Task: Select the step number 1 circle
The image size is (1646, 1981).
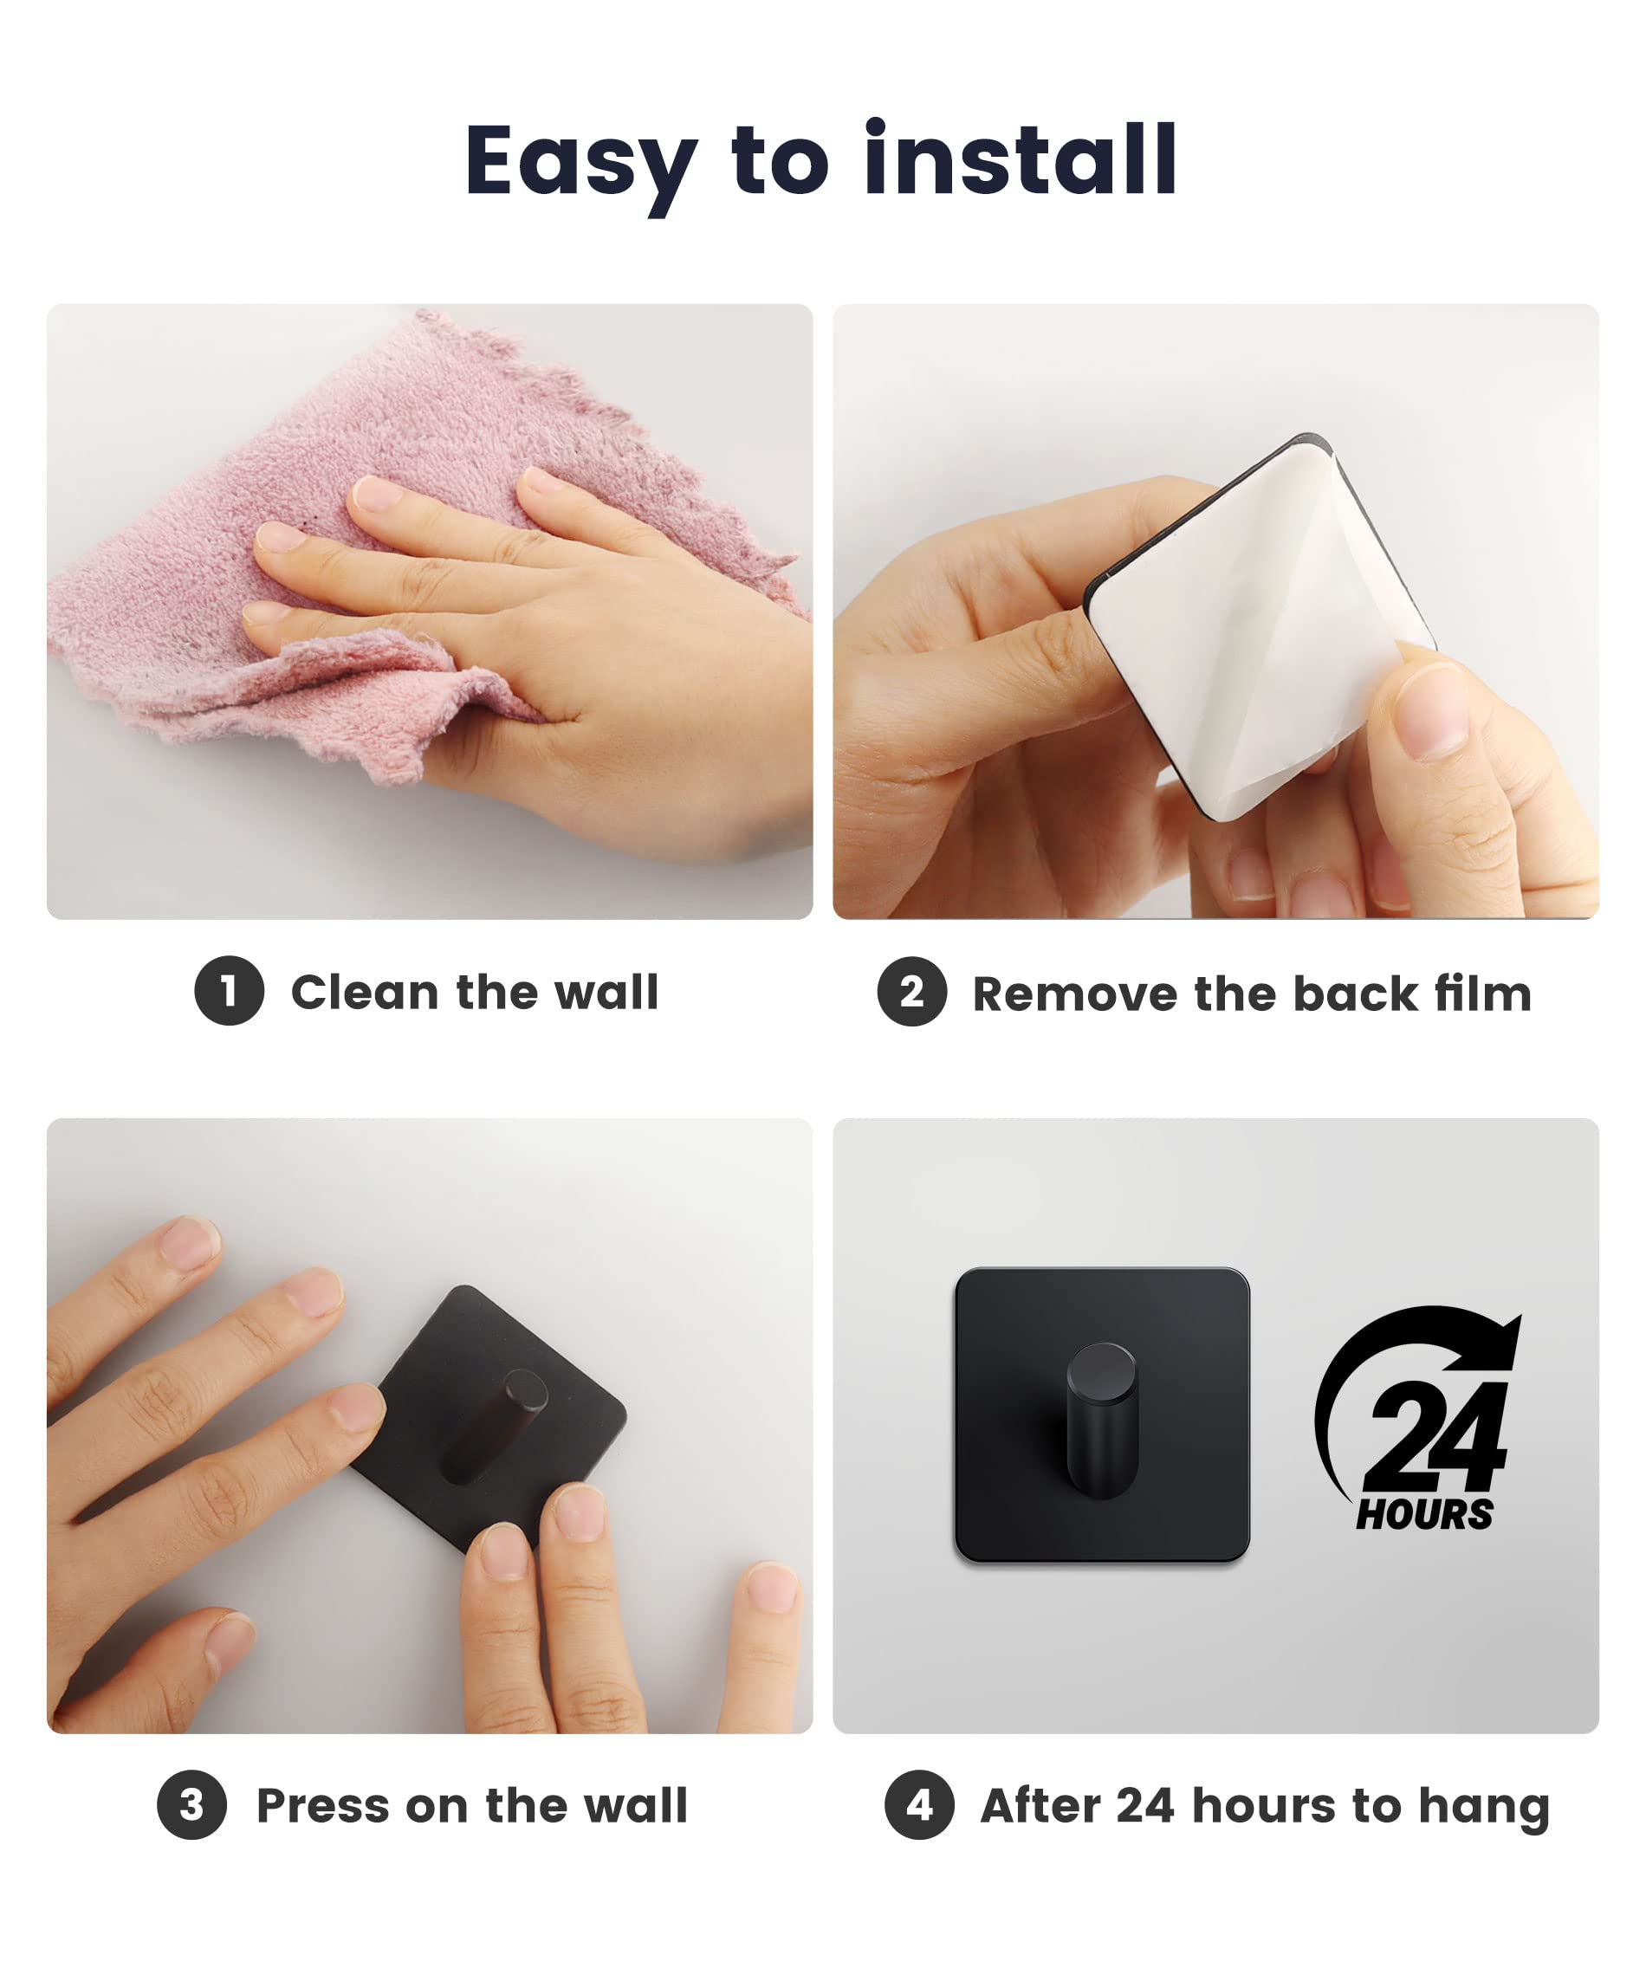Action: (230, 991)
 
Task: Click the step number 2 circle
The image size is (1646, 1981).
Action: (912, 992)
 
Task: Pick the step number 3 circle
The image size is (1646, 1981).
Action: (191, 1804)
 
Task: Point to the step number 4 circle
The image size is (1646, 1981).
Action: (920, 1804)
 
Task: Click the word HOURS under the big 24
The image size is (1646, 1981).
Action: (1424, 1514)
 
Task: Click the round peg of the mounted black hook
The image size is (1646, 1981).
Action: (1102, 1420)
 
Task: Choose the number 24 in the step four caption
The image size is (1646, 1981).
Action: (1145, 1805)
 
